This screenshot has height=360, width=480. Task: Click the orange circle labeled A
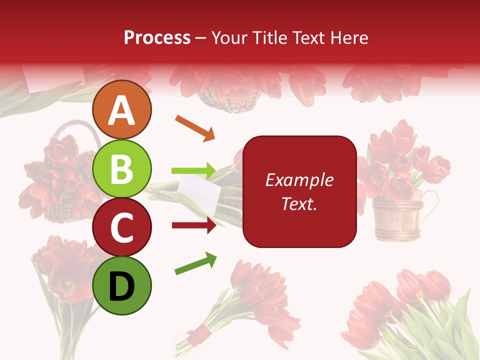point(122,110)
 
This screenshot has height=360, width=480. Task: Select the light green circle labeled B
point(122,169)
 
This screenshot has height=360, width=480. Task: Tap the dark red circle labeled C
point(122,227)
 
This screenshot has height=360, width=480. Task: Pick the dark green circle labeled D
point(122,285)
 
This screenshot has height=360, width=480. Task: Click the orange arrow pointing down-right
point(195,128)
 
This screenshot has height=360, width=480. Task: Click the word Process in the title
point(157,37)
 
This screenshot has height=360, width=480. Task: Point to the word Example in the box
point(299,180)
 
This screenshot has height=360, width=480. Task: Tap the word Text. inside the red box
point(299,203)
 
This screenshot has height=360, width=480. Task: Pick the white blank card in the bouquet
point(199,192)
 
